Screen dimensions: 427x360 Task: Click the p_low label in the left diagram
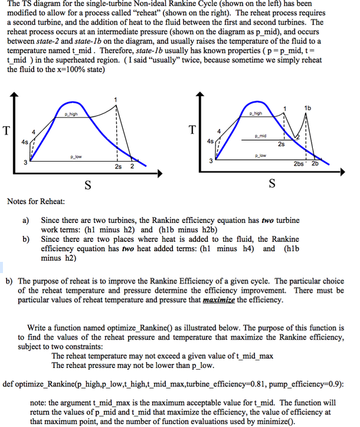[75, 157]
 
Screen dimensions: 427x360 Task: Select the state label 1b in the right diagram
[307, 107]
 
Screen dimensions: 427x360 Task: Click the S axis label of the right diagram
[271, 184]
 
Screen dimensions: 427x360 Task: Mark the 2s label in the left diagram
[118, 167]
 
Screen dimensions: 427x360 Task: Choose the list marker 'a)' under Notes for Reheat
[26, 220]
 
